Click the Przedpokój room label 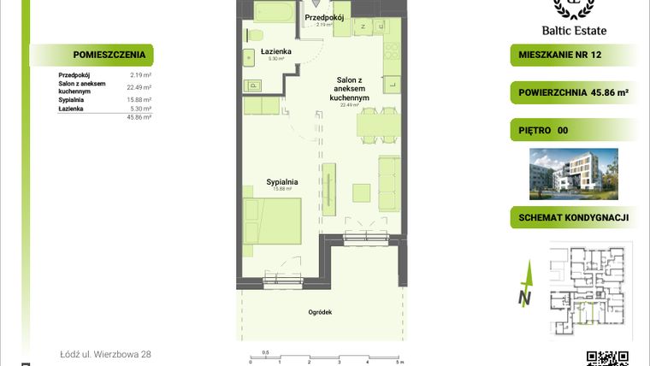point(324,17)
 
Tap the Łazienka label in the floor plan point(276,52)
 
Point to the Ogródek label point(321,313)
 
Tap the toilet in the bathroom point(254,34)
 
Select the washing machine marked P point(254,85)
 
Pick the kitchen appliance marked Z point(363,27)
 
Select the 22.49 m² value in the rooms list point(139,87)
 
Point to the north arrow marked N point(526,286)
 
